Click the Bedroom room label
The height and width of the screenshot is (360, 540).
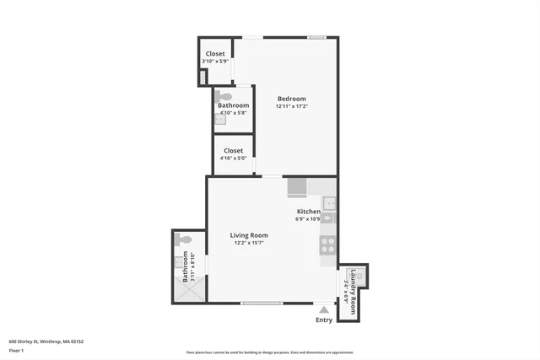[291, 99]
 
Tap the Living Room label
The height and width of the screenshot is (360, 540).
[249, 235]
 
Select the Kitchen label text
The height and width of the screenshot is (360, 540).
[308, 212]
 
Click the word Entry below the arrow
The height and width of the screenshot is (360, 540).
[324, 320]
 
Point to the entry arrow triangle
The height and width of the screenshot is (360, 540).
[323, 309]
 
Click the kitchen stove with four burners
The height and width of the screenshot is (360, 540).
[327, 246]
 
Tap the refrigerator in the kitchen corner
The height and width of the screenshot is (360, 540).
[297, 186]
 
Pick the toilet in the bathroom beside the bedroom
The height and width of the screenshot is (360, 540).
[222, 97]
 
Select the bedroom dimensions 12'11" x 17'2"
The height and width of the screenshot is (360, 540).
[291, 106]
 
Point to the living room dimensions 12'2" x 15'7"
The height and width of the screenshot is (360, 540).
[249, 244]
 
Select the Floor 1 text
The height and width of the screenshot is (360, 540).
[16, 350]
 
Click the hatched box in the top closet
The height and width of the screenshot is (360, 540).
[202, 78]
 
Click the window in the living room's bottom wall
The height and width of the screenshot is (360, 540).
[262, 303]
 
